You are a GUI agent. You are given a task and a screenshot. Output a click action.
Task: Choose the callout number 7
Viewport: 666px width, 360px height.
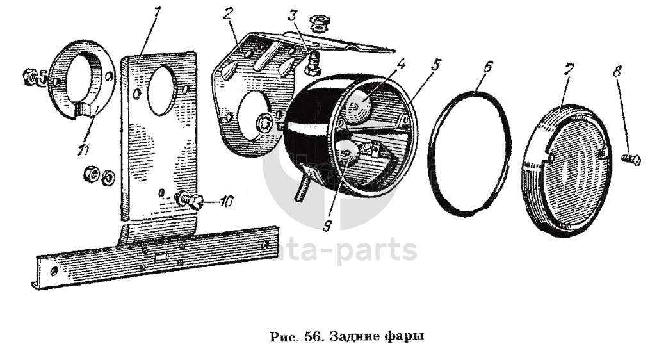pyautogui.click(x=567, y=70)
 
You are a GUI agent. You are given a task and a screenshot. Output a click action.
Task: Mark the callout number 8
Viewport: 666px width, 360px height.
pyautogui.click(x=617, y=70)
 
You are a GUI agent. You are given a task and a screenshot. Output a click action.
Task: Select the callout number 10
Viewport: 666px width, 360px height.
pyautogui.click(x=226, y=202)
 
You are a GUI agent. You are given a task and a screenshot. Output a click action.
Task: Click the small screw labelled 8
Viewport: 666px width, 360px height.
pyautogui.click(x=631, y=157)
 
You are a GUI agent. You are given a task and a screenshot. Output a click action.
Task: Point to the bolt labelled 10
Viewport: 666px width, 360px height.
pyautogui.click(x=190, y=200)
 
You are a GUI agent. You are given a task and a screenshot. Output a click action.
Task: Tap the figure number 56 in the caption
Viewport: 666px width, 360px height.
pyautogui.click(x=314, y=335)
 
